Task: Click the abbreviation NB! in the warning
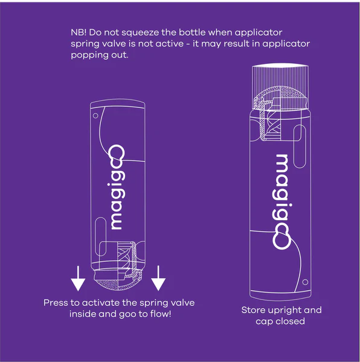[79, 32]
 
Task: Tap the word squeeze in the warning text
[146, 32]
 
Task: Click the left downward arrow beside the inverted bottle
[78, 279]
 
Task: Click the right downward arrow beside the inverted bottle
[159, 279]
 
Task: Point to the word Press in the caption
[56, 303]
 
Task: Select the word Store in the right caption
[253, 310]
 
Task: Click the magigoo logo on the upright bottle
[283, 202]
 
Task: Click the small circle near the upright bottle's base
[306, 282]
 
